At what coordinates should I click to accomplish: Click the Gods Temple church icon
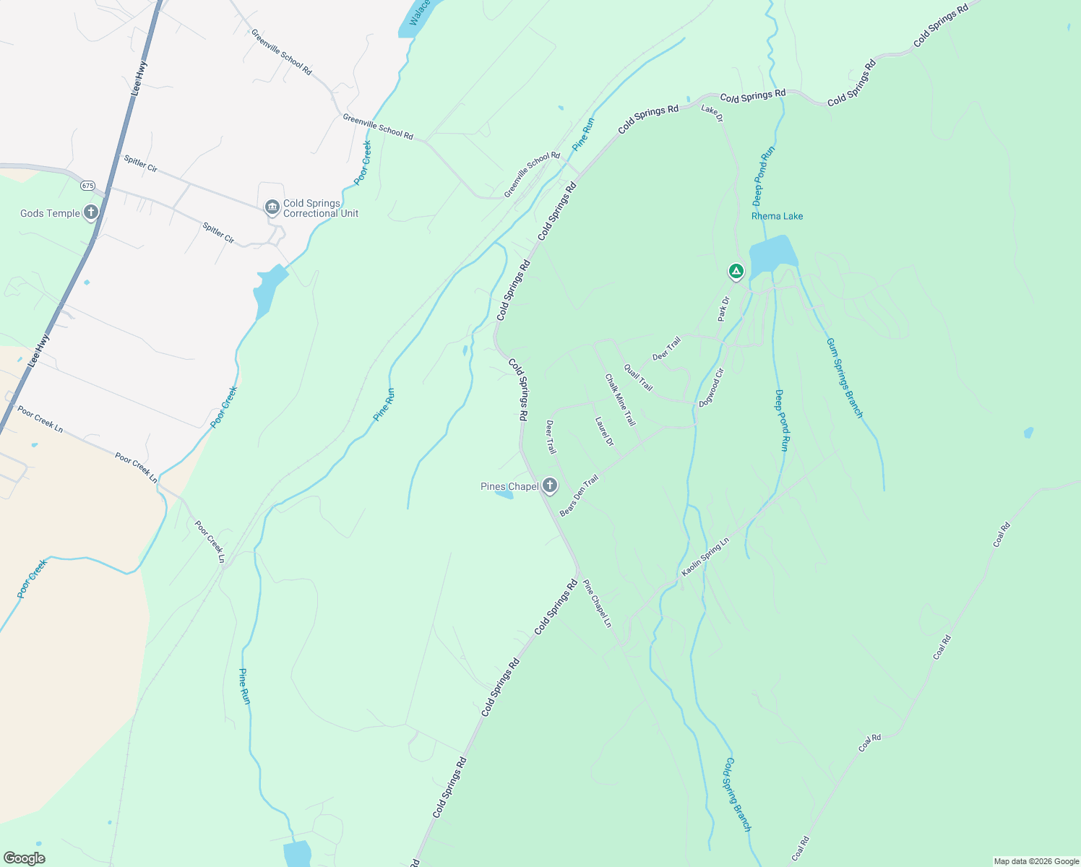(90, 212)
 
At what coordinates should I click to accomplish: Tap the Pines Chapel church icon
(550, 486)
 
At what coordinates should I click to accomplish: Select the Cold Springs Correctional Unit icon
(272, 208)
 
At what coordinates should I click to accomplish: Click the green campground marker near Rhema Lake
(736, 272)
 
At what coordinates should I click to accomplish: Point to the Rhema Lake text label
(777, 216)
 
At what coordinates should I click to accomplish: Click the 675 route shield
(87, 186)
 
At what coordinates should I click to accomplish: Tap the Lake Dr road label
(712, 113)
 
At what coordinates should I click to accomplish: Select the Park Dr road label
(723, 309)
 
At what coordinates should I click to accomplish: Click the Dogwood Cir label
(711, 388)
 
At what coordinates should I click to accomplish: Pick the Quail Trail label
(638, 377)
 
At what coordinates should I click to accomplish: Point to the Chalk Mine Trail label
(621, 400)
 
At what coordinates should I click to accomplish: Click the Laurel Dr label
(604, 431)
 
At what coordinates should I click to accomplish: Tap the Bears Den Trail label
(579, 495)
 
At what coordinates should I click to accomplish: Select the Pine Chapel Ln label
(597, 603)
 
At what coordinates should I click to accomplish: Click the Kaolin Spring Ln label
(705, 557)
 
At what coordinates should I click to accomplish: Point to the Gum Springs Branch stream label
(844, 378)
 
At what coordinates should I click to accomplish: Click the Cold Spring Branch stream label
(738, 795)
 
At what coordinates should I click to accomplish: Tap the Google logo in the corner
(24, 858)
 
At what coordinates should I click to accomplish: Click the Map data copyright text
(1036, 861)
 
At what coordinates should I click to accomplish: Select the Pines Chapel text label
(509, 486)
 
